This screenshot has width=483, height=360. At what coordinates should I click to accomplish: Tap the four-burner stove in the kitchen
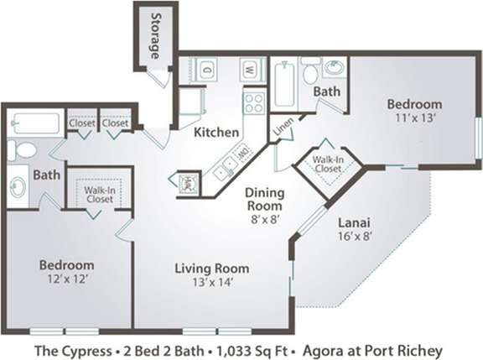[253, 102]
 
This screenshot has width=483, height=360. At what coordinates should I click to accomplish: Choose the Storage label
[154, 35]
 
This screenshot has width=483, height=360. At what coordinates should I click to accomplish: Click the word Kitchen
[216, 133]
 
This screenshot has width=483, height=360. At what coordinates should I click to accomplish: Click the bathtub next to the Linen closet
[283, 83]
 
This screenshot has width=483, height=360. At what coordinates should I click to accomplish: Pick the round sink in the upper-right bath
[334, 67]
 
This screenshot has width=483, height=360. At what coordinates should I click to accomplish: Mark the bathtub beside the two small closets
[35, 123]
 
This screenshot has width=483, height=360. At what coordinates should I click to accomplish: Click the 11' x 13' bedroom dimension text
[414, 119]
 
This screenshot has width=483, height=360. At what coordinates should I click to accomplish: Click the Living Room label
[211, 269]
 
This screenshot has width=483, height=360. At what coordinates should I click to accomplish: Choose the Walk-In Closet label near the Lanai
[327, 163]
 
